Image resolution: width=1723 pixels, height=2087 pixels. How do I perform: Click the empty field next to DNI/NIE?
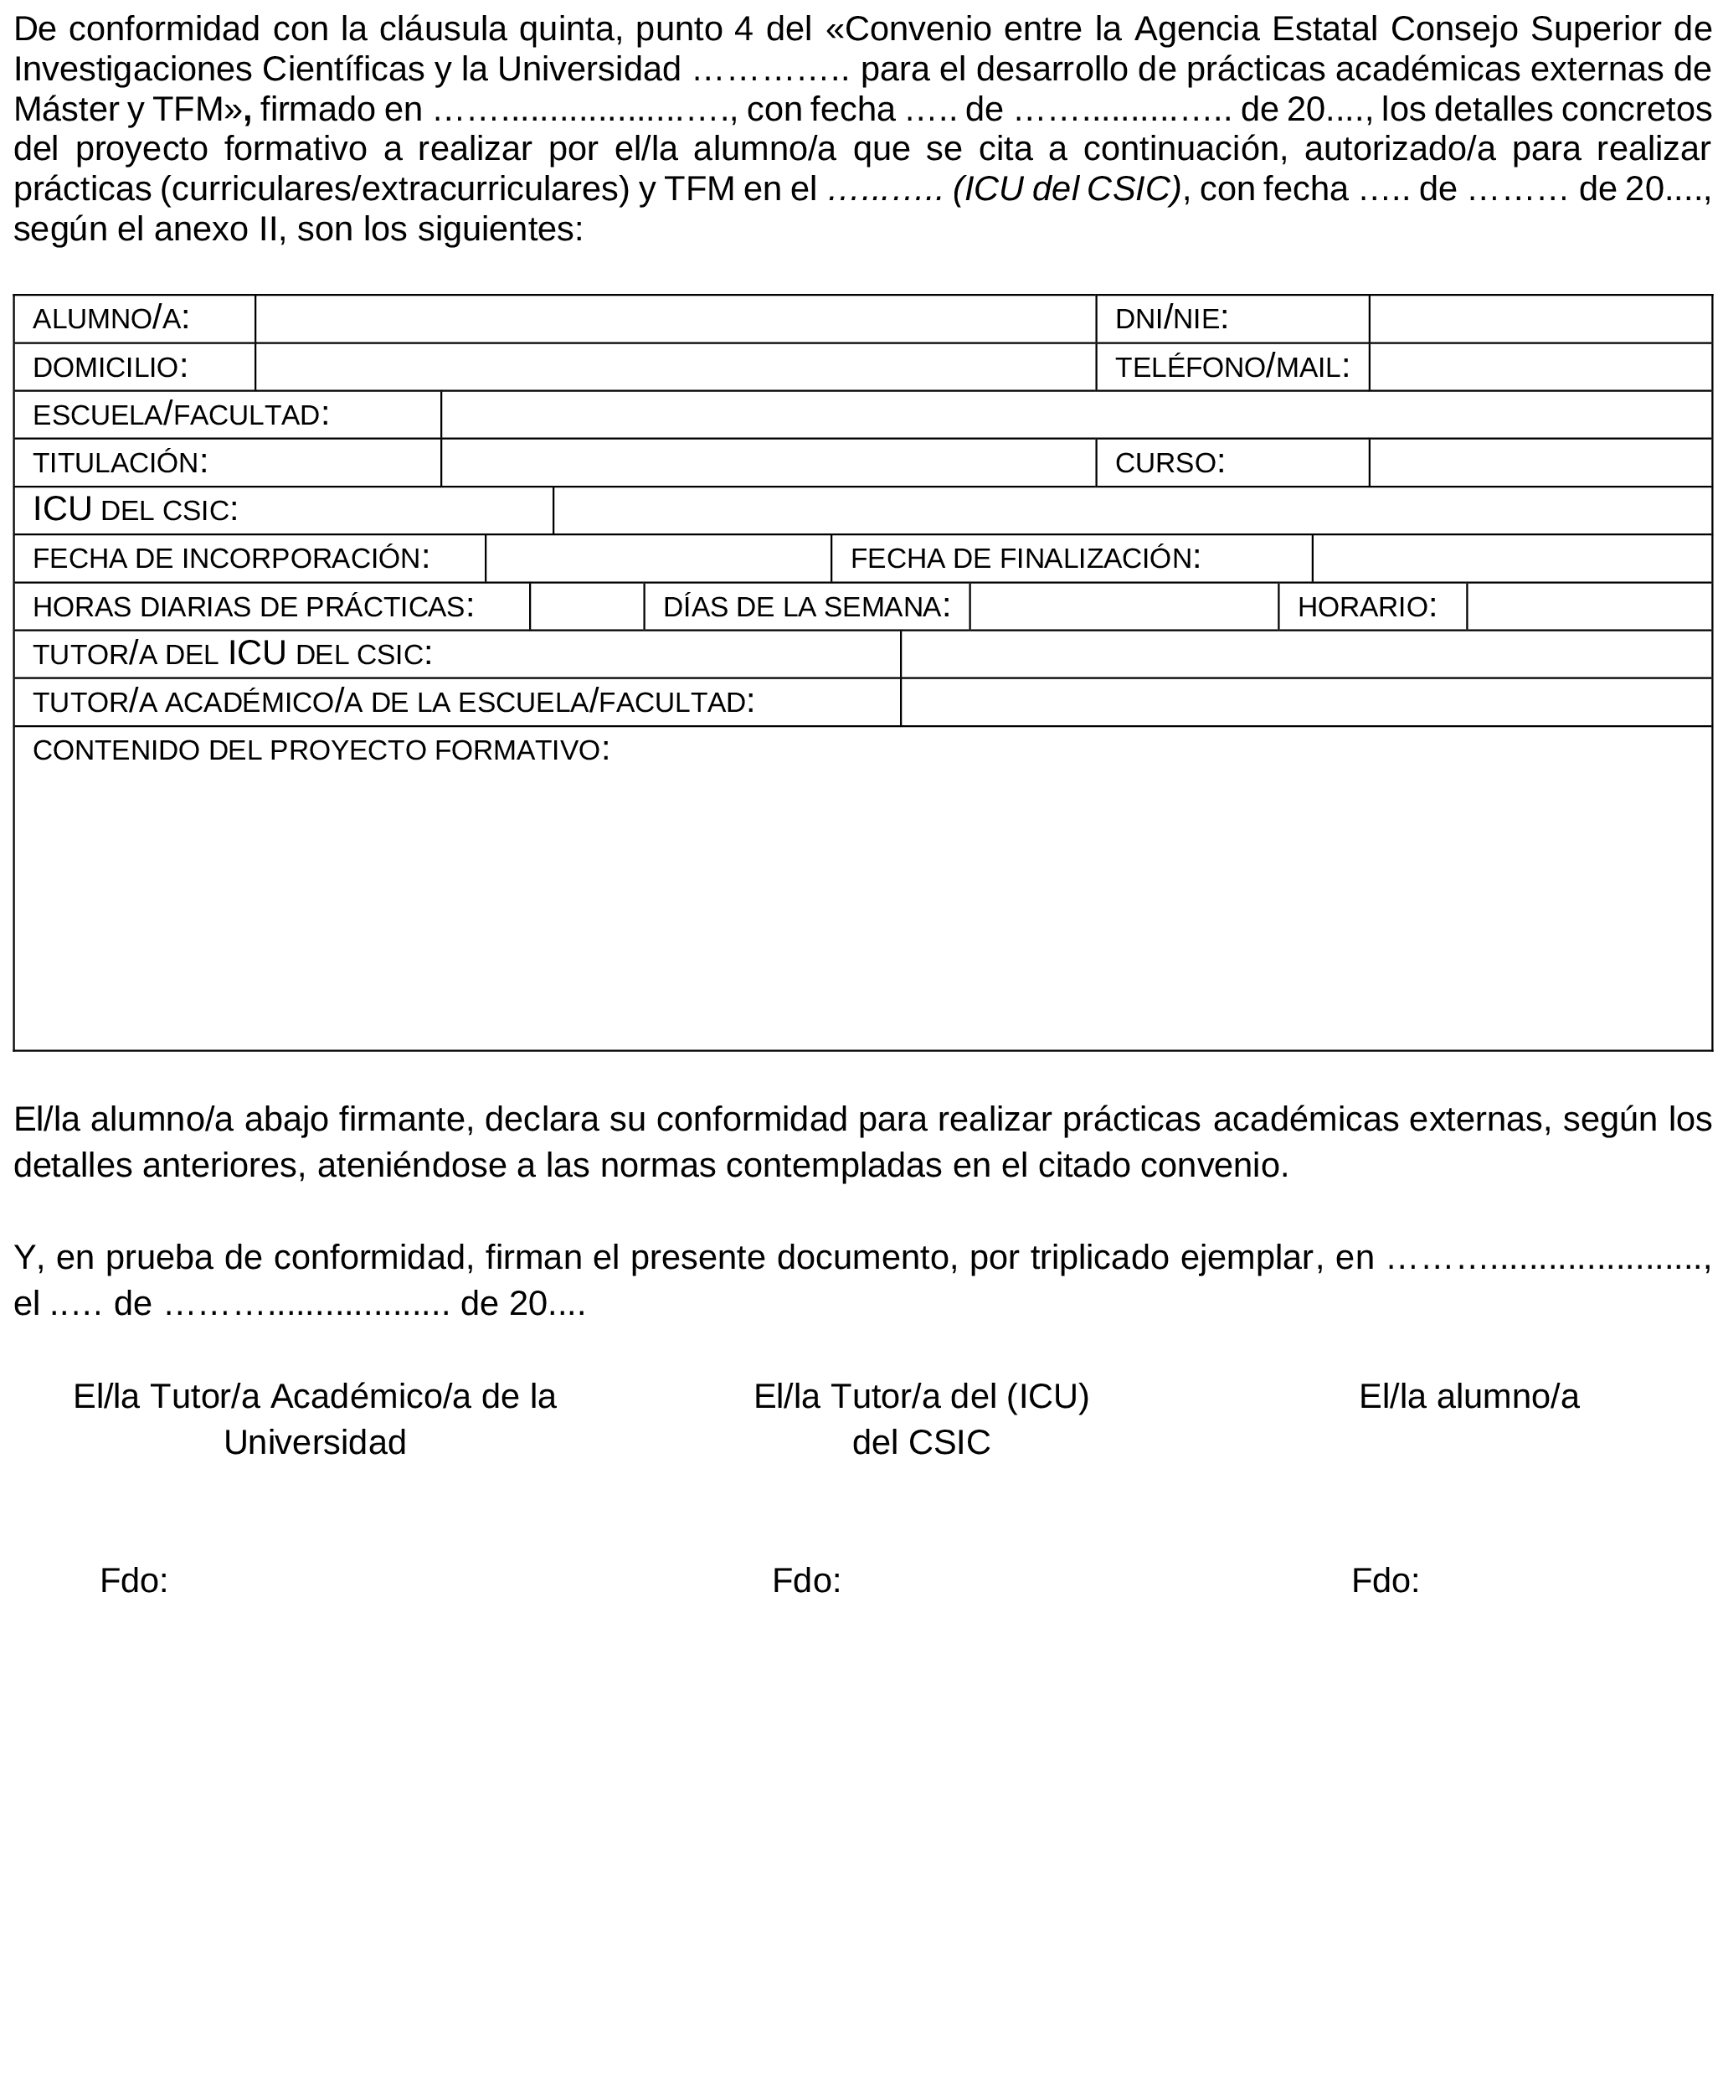click(1540, 319)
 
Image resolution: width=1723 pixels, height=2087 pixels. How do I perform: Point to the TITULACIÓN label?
click(120, 461)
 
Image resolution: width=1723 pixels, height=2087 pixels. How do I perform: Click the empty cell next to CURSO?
click(1540, 461)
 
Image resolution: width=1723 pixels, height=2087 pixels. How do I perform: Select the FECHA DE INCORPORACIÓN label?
click(231, 558)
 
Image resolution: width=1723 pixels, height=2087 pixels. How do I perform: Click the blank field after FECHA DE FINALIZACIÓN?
click(1510, 558)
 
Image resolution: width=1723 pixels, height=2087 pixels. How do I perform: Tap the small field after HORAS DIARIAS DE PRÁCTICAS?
click(587, 605)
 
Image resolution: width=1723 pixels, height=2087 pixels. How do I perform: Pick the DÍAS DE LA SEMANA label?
click(806, 605)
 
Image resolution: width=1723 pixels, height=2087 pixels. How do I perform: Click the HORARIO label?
click(1366, 605)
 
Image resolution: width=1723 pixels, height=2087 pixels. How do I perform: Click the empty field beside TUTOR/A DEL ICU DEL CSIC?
click(1305, 653)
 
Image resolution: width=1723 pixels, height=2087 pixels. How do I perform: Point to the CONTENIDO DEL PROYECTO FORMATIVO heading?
click(321, 750)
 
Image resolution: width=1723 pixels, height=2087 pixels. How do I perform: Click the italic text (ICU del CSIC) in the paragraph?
click(1067, 188)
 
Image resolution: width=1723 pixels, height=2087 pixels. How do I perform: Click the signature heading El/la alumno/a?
click(1468, 1397)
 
